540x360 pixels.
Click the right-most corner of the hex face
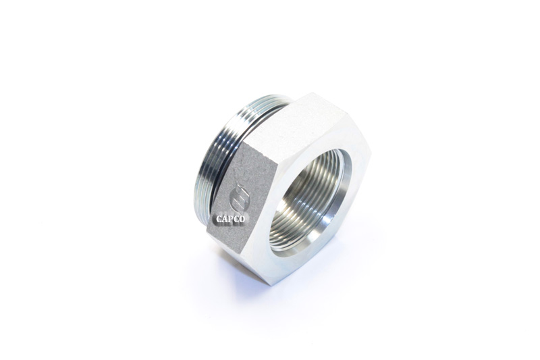(371, 162)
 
